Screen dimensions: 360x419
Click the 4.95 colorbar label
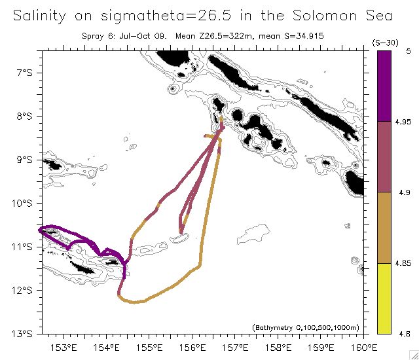coord(403,122)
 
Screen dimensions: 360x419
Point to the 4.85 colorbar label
coord(403,263)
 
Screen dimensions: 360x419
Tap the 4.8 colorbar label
coord(403,334)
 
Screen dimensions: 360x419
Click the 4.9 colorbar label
coord(403,192)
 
